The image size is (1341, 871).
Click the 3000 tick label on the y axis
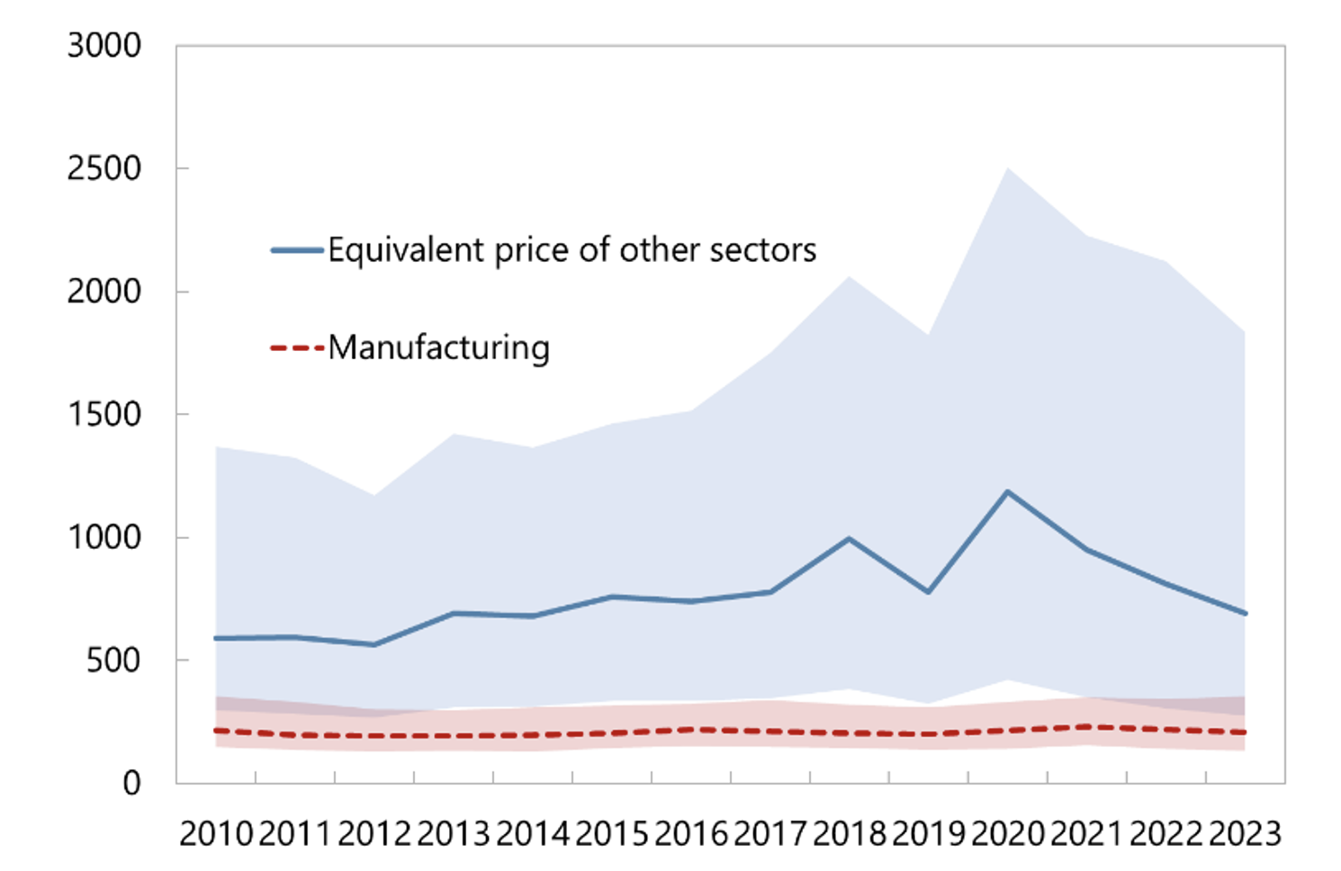pos(104,46)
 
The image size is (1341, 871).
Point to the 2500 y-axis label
pos(104,169)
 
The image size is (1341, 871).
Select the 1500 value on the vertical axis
pos(104,415)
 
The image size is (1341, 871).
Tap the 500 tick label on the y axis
pos(113,660)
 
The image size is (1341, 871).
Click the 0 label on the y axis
pos(131,784)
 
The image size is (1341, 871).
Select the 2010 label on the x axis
pos(216,834)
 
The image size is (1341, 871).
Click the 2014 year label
pos(533,834)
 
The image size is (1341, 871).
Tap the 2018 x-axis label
pos(850,834)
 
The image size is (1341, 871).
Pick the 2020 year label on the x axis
pos(1008,834)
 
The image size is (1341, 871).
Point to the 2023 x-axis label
pos(1246,834)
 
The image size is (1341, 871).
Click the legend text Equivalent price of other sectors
pos(571,250)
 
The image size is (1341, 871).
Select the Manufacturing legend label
pos(438,347)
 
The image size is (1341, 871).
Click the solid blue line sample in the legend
pos(297,250)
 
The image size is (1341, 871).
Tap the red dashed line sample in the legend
pos(297,347)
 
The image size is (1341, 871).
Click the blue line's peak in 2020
pos(1008,491)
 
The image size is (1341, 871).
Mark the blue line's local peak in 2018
pos(849,538)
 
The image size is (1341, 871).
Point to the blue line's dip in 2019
pos(928,592)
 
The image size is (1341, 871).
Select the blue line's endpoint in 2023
pos(1246,614)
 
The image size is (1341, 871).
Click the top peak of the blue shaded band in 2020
pos(1008,168)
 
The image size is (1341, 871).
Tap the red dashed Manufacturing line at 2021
pos(1087,726)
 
